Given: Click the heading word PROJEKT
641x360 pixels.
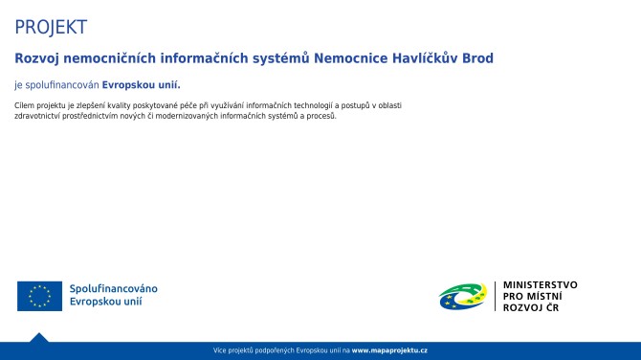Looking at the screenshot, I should point(51,27).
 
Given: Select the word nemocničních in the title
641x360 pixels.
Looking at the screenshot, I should point(109,58).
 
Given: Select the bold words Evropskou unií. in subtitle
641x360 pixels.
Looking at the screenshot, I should point(142,84).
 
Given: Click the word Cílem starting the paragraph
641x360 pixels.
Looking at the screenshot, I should point(26,104).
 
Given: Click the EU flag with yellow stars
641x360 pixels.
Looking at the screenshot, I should point(39,297).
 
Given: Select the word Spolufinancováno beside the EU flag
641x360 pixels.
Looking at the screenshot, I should point(114,289).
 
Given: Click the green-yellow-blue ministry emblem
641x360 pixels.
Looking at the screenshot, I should point(463,297).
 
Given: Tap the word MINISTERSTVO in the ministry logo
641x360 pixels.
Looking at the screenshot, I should point(541,284).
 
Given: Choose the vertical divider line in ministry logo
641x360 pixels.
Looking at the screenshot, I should point(495,297).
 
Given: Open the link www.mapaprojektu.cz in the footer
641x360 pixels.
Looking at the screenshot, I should point(389,351).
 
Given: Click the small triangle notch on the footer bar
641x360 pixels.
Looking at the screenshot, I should point(38,337).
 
